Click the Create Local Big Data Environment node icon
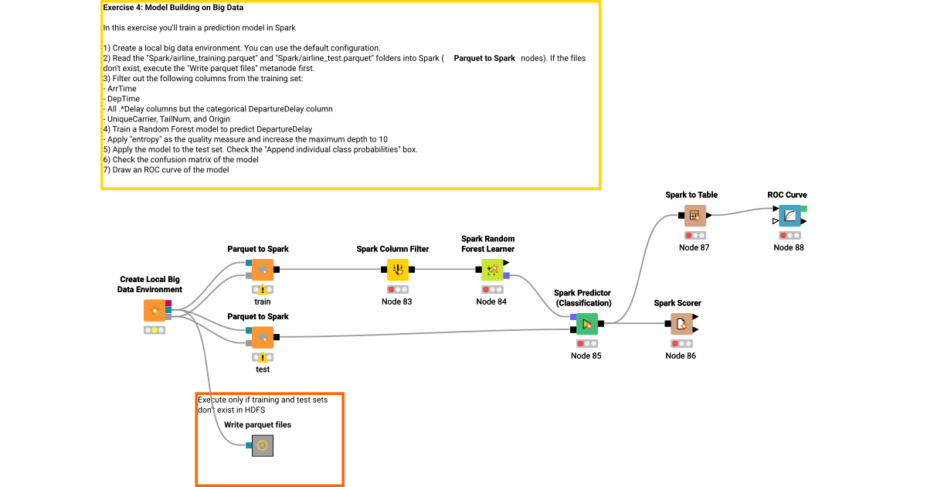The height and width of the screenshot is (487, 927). click(x=154, y=311)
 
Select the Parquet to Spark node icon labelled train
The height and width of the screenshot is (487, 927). click(x=263, y=270)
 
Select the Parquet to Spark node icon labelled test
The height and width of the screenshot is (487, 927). click(x=263, y=337)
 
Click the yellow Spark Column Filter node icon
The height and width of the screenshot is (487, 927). click(x=397, y=270)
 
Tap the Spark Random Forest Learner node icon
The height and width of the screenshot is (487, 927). click(x=492, y=270)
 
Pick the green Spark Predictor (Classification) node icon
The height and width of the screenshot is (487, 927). click(x=586, y=324)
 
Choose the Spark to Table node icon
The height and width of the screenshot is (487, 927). click(x=694, y=216)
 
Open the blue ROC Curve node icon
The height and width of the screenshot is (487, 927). click(x=789, y=216)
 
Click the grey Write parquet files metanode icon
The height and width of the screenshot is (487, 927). click(x=263, y=445)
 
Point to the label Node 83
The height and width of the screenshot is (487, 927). click(x=396, y=301)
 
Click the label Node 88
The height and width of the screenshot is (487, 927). click(x=789, y=247)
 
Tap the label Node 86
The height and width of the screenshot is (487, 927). click(x=681, y=356)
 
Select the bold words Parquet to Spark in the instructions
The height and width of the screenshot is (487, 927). click(x=484, y=58)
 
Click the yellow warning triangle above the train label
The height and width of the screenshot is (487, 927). click(x=263, y=290)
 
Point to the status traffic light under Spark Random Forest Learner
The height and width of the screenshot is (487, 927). click(x=491, y=289)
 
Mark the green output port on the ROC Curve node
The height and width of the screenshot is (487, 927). click(x=804, y=209)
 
